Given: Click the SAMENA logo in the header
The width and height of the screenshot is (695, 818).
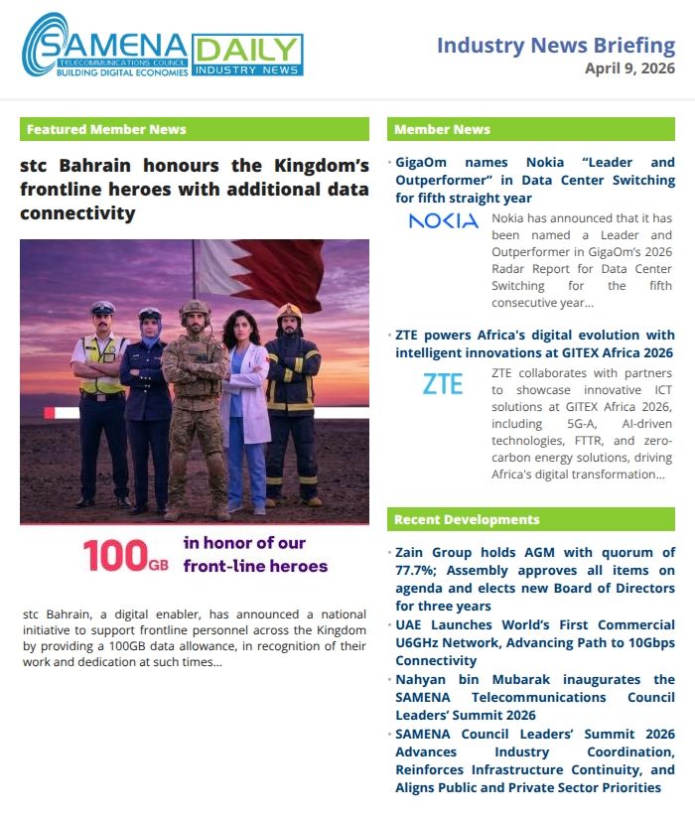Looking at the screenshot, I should click(x=104, y=48).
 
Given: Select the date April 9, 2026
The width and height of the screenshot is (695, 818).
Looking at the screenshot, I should click(x=629, y=68).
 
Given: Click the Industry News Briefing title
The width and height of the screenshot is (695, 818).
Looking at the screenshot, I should click(x=556, y=45).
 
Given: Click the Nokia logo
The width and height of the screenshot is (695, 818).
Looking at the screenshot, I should click(x=443, y=221).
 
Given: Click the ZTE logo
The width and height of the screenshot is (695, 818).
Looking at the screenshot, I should click(x=443, y=384).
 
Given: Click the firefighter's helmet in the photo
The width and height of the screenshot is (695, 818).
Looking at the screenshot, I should click(x=289, y=312).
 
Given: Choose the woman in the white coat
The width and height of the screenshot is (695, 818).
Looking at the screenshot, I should click(x=245, y=407).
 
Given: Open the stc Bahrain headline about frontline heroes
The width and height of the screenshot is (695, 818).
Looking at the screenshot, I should click(x=195, y=189).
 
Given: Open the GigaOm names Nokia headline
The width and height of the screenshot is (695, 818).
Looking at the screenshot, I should click(x=534, y=180).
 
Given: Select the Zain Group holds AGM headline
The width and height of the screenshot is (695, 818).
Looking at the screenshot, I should click(x=534, y=579).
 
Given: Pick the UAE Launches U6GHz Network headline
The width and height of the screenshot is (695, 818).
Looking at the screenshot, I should click(x=534, y=642).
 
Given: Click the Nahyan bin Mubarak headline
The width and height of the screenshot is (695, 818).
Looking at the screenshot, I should click(x=534, y=697).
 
